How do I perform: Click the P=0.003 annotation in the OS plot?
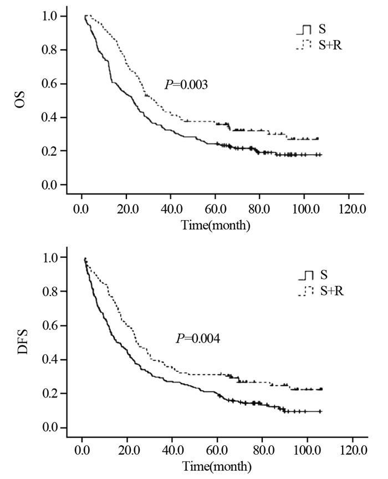tap(186, 85)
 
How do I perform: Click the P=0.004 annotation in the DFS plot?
tap(194, 338)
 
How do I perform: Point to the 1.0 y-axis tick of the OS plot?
tap(49, 17)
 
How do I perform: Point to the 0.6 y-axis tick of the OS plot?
tap(49, 84)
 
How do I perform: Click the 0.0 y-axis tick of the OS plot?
tap(49, 185)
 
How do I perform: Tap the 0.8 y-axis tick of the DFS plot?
tap(49, 292)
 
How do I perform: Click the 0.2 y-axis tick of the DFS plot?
tap(49, 394)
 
